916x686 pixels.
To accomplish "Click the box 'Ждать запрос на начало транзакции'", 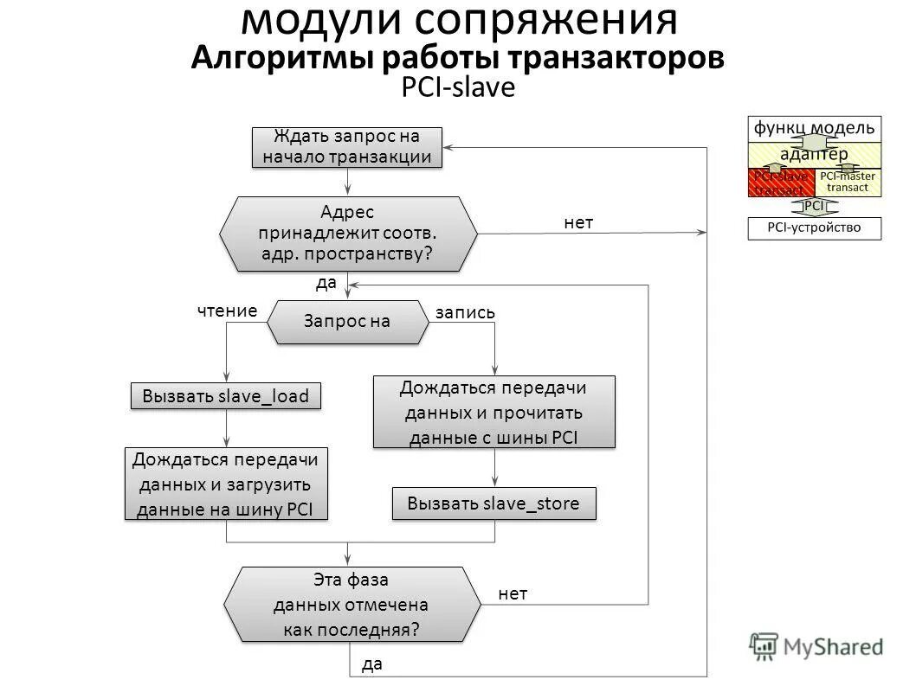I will click(347, 147).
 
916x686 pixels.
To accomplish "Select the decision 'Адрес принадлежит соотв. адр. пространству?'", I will click(347, 233).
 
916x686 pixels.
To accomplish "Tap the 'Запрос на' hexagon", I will click(347, 321).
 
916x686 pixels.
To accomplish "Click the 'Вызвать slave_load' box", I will click(226, 395).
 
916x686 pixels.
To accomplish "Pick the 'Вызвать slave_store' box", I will click(493, 503).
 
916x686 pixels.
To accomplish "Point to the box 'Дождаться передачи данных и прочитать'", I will click(493, 412).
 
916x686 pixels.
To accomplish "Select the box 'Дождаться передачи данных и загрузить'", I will click(226, 484).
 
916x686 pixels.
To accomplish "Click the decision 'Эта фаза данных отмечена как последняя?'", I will click(352, 604).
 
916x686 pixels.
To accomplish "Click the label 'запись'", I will click(465, 313).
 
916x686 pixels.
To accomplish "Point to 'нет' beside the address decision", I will click(578, 223).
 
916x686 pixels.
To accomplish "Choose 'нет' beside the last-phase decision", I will click(513, 593).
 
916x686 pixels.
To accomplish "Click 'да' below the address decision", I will click(326, 282).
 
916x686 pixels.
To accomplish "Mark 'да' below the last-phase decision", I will click(371, 664).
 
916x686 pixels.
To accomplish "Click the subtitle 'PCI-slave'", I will click(458, 89).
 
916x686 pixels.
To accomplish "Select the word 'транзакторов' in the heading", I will click(605, 59).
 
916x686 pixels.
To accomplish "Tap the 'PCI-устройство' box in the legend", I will click(814, 228).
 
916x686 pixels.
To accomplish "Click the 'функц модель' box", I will click(814, 128).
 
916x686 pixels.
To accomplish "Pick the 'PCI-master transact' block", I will click(848, 182).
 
